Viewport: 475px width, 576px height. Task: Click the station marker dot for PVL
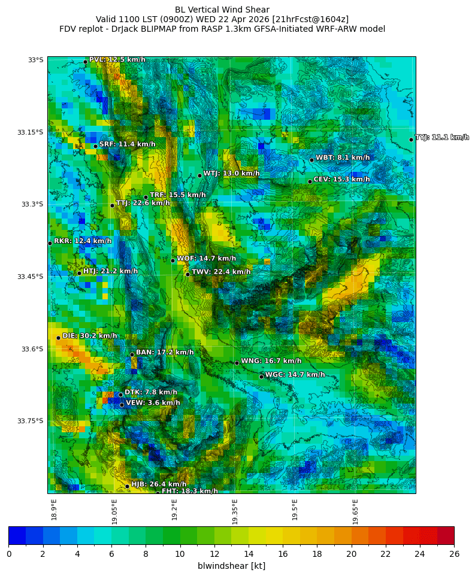click(85, 62)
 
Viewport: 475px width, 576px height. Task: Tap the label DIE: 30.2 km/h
click(90, 336)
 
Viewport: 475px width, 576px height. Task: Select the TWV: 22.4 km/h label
click(221, 272)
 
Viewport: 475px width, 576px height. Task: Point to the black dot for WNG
click(237, 363)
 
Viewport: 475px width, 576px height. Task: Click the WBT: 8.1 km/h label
click(343, 157)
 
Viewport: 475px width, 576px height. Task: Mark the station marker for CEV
click(310, 181)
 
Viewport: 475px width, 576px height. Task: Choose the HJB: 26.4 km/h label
click(159, 484)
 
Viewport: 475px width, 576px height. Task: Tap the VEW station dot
click(122, 405)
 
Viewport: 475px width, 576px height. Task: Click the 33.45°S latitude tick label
click(30, 277)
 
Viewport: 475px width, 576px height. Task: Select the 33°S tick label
click(35, 60)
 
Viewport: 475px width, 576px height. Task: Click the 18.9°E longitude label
click(54, 510)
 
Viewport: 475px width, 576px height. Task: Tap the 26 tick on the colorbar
click(454, 554)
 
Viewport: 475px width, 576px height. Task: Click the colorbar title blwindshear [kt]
click(231, 566)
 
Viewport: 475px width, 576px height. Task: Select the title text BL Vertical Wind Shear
click(222, 10)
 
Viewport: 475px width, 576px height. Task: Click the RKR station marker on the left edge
click(50, 243)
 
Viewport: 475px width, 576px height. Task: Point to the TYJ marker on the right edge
click(411, 140)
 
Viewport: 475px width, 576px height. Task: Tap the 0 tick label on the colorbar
click(9, 554)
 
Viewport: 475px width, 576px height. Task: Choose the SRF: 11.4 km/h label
click(127, 144)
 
